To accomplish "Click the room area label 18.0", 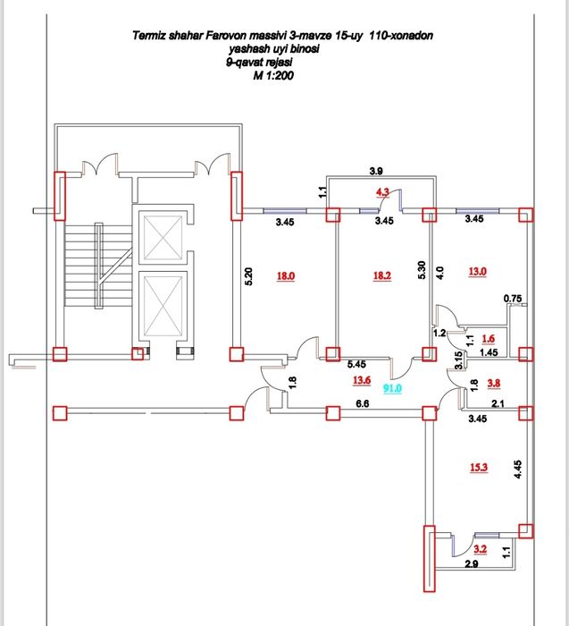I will point(286,277).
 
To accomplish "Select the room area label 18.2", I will point(382,277).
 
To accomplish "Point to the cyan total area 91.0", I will point(392,388).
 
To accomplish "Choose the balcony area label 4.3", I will point(382,191).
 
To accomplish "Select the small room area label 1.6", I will point(488,339).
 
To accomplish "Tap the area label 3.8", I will point(494,384).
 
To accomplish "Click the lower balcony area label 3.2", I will point(480,548).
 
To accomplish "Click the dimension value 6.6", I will point(363,404).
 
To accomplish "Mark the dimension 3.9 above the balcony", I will point(377,170).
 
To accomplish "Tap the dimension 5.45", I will point(356,364).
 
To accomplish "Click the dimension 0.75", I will point(513,298).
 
